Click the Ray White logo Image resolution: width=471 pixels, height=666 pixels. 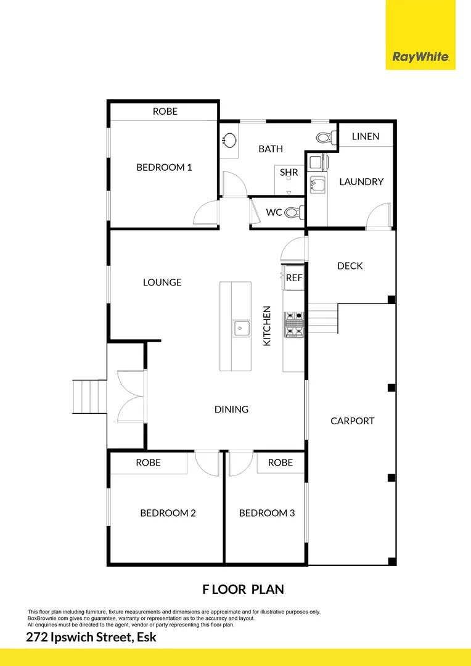[420, 58]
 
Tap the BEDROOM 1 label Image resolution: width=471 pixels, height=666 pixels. [164, 167]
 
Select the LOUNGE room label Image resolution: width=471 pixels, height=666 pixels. [162, 282]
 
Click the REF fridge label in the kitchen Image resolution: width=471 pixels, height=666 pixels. [294, 278]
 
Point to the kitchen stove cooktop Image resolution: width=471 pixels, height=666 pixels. [293, 324]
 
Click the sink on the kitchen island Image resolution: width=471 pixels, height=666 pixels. [240, 328]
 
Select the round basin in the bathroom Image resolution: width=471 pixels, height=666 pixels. [229, 140]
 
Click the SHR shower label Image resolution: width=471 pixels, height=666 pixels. [289, 173]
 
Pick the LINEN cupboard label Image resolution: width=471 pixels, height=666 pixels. [366, 136]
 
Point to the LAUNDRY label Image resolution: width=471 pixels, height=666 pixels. [361, 182]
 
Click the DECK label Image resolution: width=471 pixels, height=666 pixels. [350, 266]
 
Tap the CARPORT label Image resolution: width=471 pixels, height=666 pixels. [352, 421]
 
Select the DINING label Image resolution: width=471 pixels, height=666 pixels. [231, 409]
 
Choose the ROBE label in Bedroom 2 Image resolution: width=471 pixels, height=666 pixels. [148, 462]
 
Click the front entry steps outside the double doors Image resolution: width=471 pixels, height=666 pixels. [82, 397]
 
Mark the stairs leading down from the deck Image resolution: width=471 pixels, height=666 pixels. [322, 318]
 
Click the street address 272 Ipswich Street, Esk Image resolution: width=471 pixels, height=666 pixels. [91, 638]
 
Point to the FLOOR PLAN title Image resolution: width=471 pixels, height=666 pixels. [243, 590]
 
